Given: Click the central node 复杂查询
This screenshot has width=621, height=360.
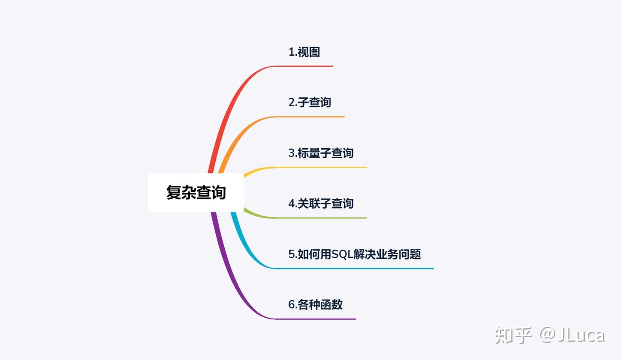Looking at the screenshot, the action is [196, 192].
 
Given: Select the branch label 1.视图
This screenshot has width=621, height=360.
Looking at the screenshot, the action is [304, 52].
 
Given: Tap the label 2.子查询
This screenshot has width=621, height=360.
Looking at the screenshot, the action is [310, 103].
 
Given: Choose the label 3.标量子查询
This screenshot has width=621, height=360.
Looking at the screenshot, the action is [321, 153].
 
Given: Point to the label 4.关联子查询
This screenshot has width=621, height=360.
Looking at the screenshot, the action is [321, 203].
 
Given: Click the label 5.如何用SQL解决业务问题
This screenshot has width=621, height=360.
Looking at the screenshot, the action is [354, 254].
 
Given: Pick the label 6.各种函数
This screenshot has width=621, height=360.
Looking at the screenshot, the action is [315, 304].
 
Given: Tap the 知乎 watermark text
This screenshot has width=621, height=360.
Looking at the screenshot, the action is [513, 335].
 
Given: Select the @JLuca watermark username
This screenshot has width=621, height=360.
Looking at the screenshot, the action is [572, 335].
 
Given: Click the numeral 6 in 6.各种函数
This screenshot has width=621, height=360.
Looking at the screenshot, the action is [292, 305].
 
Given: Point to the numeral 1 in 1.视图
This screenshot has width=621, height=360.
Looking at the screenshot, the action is [291, 53].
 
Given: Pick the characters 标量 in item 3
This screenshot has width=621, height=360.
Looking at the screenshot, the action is [309, 153].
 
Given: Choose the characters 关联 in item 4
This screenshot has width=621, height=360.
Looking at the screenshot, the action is [309, 203].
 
